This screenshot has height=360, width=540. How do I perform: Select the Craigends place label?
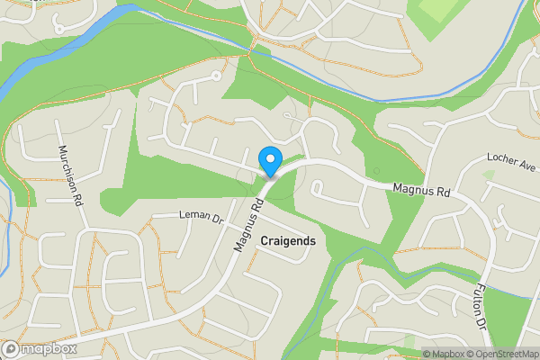(287, 241)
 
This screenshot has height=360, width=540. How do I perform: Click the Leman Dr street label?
(200, 217)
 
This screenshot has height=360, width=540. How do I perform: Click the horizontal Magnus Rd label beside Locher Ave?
(420, 189)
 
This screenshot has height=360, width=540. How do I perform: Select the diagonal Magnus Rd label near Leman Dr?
(247, 224)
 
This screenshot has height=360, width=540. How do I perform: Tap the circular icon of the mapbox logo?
(11, 349)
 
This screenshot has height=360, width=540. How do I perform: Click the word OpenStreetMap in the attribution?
(502, 354)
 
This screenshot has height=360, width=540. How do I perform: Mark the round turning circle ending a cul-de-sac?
(216, 76)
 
